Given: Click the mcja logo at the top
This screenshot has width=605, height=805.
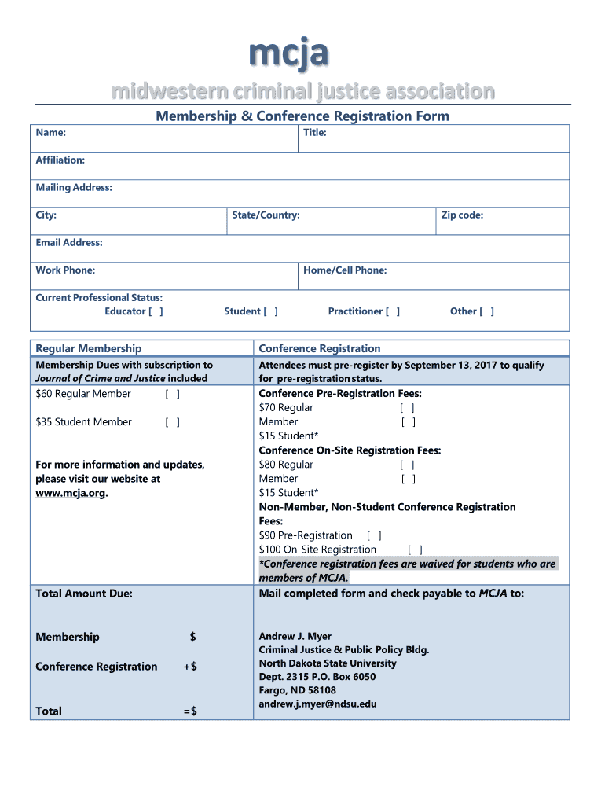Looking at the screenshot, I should (288, 53).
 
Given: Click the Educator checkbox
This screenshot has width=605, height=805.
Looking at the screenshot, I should (156, 311).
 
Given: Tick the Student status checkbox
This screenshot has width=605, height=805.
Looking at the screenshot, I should (270, 311).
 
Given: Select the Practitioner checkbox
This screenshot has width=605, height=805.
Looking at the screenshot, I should (392, 311).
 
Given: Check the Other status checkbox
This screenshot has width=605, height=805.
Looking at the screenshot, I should (487, 311).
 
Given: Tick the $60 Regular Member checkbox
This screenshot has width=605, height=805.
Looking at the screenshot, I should (173, 394).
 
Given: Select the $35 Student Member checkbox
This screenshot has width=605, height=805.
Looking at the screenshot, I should (173, 422).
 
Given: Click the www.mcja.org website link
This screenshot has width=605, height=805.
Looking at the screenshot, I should (70, 493).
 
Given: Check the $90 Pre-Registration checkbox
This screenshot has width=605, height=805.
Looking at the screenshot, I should (374, 535).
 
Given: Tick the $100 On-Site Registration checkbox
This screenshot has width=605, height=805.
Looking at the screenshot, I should (415, 550).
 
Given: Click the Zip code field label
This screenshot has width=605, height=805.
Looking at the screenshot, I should (462, 215).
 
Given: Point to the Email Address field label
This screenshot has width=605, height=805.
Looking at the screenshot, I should (69, 243).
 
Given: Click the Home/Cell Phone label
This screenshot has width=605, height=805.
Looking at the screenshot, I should (345, 270).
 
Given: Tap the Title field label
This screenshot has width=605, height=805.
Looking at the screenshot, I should (314, 133).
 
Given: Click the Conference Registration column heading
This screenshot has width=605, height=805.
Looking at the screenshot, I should (320, 348).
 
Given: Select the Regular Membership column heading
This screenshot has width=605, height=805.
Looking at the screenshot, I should (89, 348).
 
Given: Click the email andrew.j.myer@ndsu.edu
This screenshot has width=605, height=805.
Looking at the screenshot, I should (317, 704).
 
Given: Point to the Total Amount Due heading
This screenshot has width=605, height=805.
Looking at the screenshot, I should (84, 594).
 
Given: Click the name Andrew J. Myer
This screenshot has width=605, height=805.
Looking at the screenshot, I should (295, 637).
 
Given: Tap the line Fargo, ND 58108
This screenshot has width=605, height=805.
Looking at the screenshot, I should (297, 690).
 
